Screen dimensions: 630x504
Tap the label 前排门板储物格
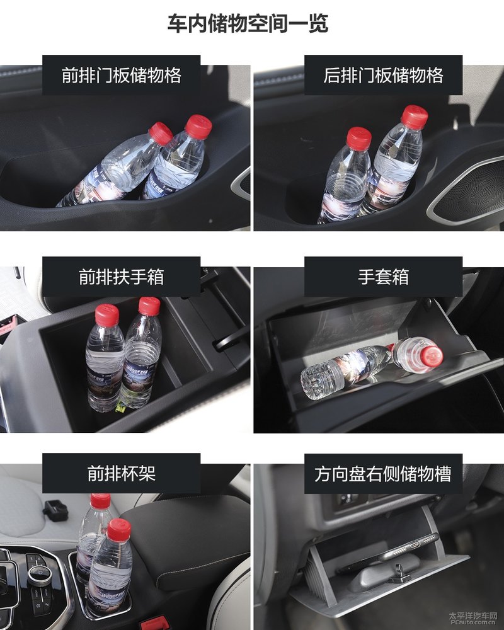click(x=122, y=76)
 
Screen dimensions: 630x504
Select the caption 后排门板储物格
click(x=383, y=76)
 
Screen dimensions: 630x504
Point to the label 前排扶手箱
click(x=122, y=277)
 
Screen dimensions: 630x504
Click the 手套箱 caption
click(x=383, y=277)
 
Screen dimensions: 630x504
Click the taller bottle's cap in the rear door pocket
click(x=415, y=117)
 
